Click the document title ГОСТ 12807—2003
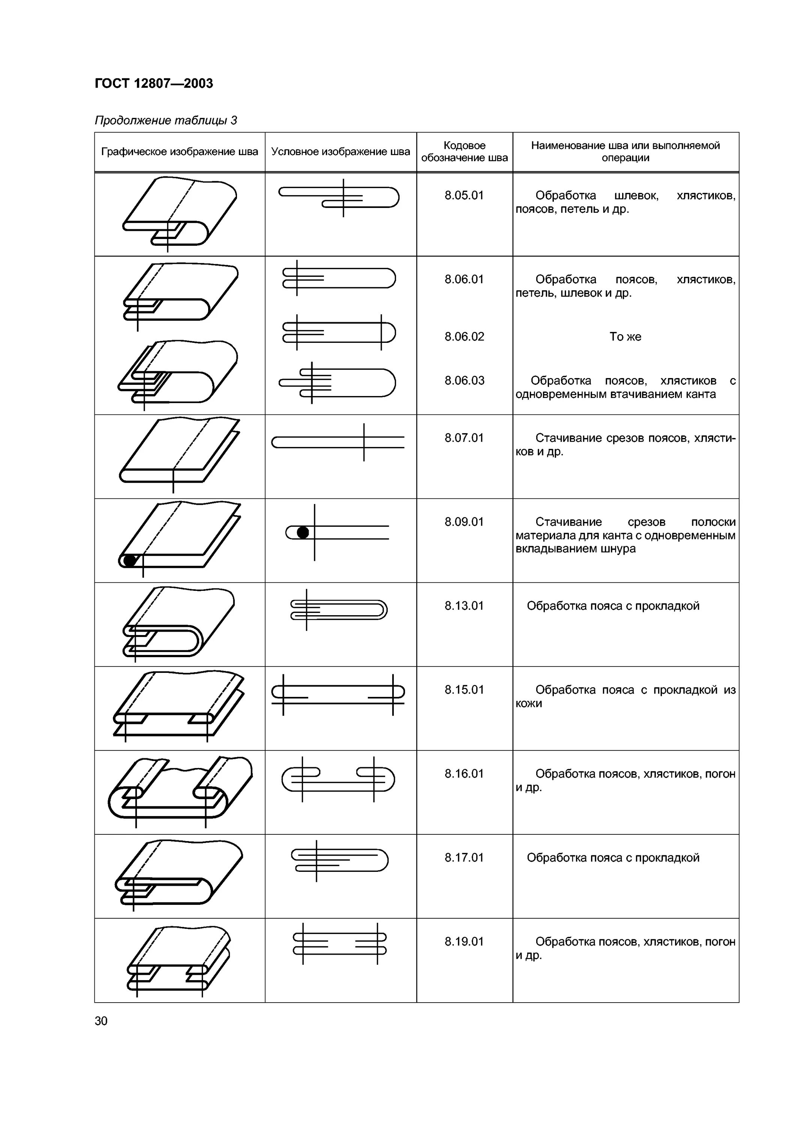tap(154, 84)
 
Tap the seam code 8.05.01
tap(464, 195)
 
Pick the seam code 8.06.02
tap(464, 336)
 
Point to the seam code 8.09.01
tap(464, 522)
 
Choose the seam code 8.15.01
tap(464, 690)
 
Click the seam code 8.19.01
tap(464, 942)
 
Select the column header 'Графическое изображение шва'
tap(179, 152)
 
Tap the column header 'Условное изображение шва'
tap(340, 152)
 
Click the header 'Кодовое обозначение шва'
tap(464, 152)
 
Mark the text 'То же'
tap(625, 336)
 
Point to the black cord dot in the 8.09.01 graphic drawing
tap(129, 560)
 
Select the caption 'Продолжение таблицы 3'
tap(166, 120)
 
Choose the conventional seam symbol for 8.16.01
tap(338, 779)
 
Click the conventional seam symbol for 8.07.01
tap(338, 442)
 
